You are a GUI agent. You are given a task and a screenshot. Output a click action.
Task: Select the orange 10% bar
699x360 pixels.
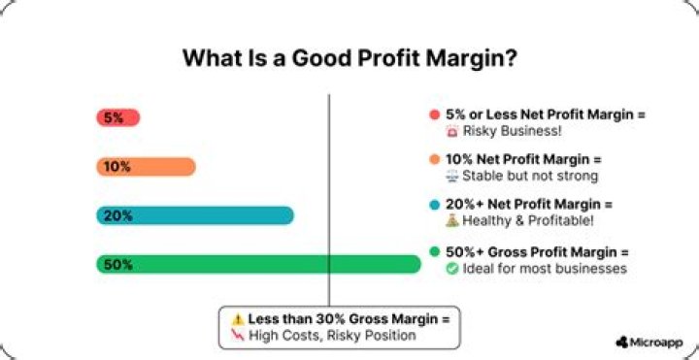146,167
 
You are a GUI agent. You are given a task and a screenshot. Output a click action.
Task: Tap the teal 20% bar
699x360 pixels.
194,215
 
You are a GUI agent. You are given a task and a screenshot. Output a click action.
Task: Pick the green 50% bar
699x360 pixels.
257,264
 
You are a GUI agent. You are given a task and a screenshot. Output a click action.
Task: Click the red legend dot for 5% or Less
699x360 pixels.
434,115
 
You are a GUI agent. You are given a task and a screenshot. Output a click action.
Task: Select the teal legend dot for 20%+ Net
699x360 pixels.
434,205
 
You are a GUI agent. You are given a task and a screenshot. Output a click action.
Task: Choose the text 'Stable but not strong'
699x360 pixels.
524,177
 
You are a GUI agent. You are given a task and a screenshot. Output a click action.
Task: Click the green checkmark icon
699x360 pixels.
452,268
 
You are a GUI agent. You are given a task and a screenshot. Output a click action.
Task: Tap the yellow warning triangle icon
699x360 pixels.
237,319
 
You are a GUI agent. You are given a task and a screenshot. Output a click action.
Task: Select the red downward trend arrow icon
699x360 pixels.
236,335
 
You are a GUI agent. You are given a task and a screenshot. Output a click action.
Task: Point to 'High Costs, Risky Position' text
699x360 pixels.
332,336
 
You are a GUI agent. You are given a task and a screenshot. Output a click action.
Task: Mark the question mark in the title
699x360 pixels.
510,57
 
